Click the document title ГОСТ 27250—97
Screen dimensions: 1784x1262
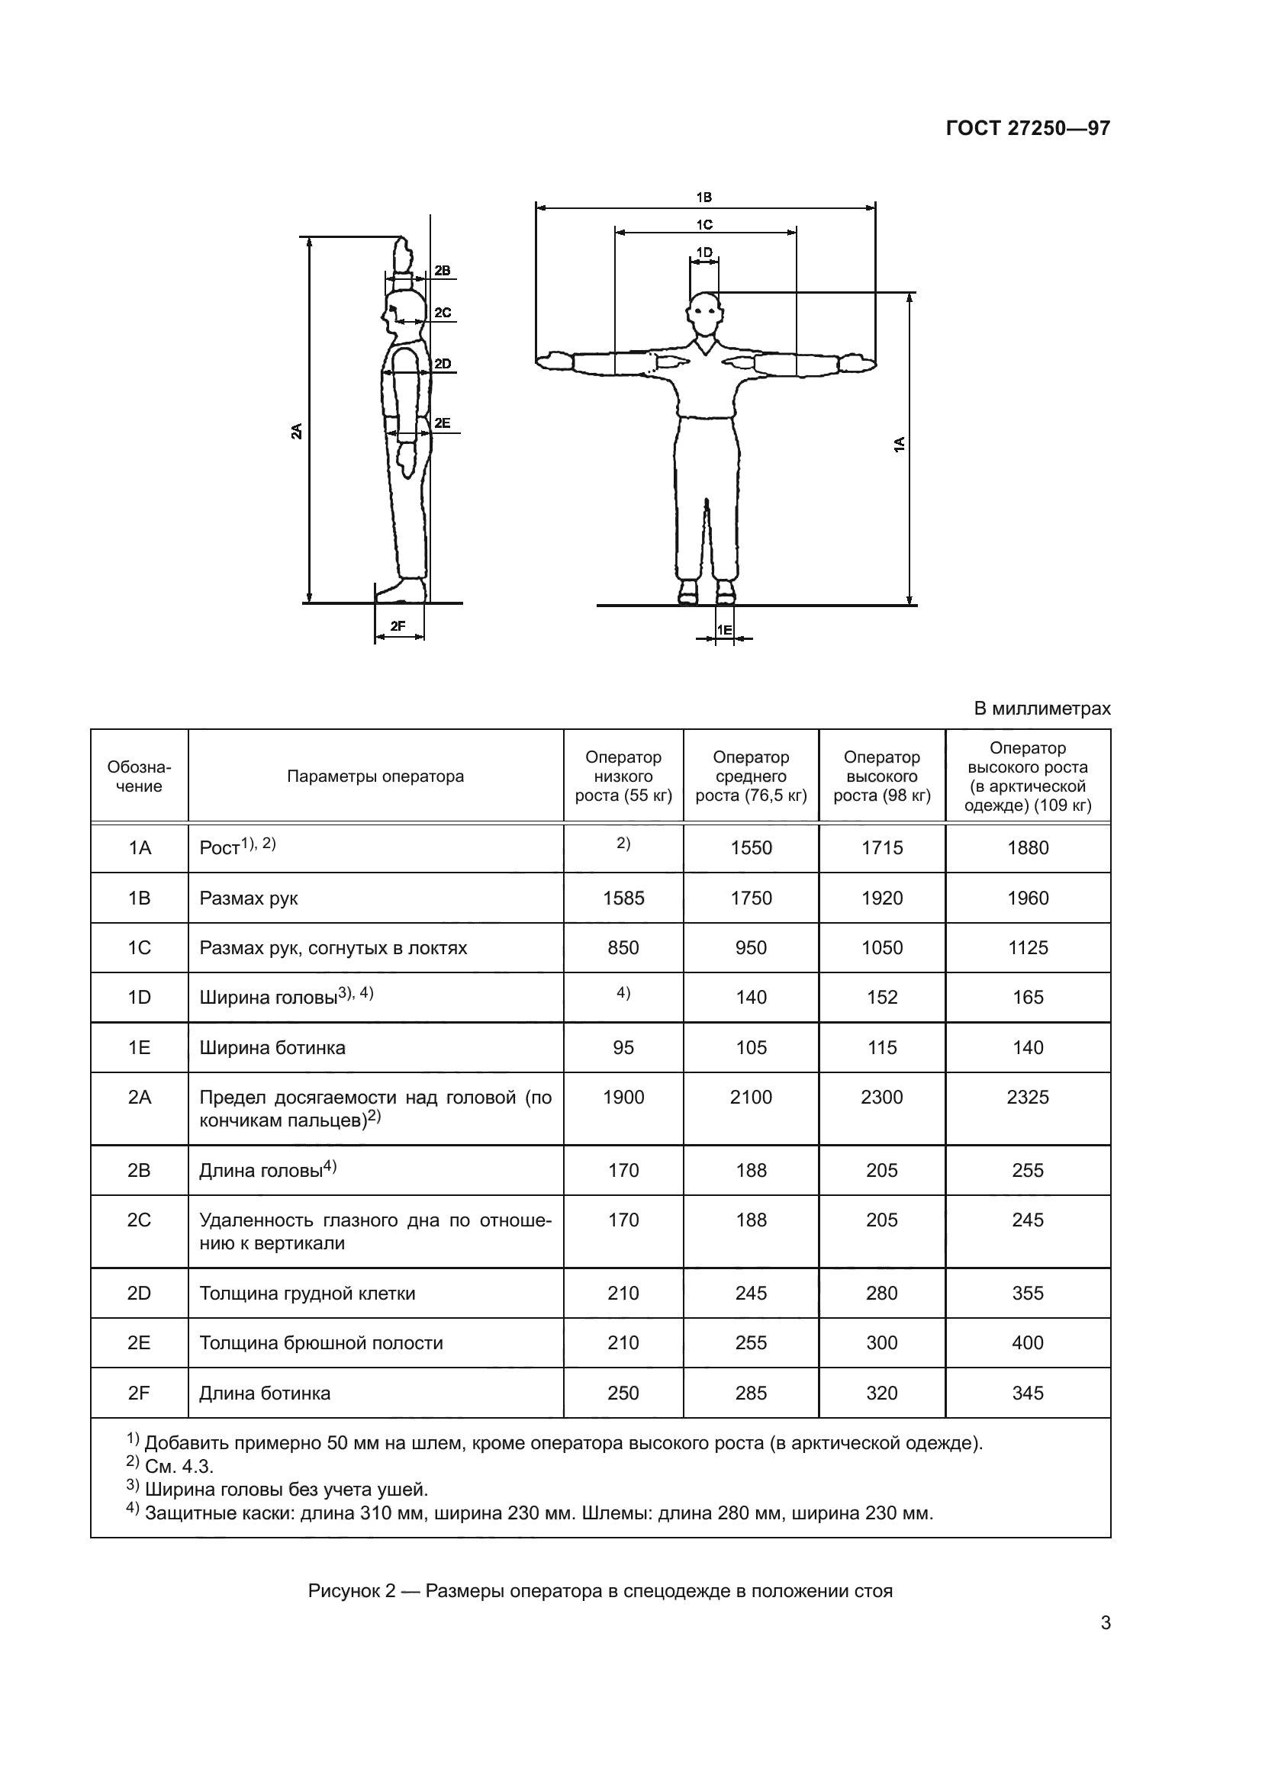click(x=1027, y=128)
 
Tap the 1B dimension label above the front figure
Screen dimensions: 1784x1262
click(x=704, y=198)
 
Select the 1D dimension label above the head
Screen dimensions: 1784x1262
click(x=704, y=252)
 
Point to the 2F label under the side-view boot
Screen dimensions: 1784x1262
click(x=398, y=625)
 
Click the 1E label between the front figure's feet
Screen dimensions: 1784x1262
click(x=724, y=629)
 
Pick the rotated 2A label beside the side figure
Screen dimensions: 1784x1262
click(x=297, y=431)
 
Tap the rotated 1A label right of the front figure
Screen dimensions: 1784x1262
click(x=899, y=445)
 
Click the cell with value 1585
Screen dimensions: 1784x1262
click(x=623, y=898)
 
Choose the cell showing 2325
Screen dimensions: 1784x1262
click(x=1027, y=1097)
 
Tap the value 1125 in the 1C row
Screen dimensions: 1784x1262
click(x=1027, y=948)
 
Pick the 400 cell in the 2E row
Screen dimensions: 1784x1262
click(x=1027, y=1342)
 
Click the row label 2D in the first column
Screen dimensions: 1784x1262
click(x=139, y=1293)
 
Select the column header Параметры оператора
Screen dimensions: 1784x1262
click(x=375, y=776)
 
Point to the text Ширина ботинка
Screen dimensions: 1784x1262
click(x=272, y=1047)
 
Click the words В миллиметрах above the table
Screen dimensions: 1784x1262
click(x=1042, y=709)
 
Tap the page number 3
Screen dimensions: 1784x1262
click(x=1105, y=1623)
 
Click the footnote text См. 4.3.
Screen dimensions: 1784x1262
click(x=179, y=1466)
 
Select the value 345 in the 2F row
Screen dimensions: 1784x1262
click(x=1027, y=1393)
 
